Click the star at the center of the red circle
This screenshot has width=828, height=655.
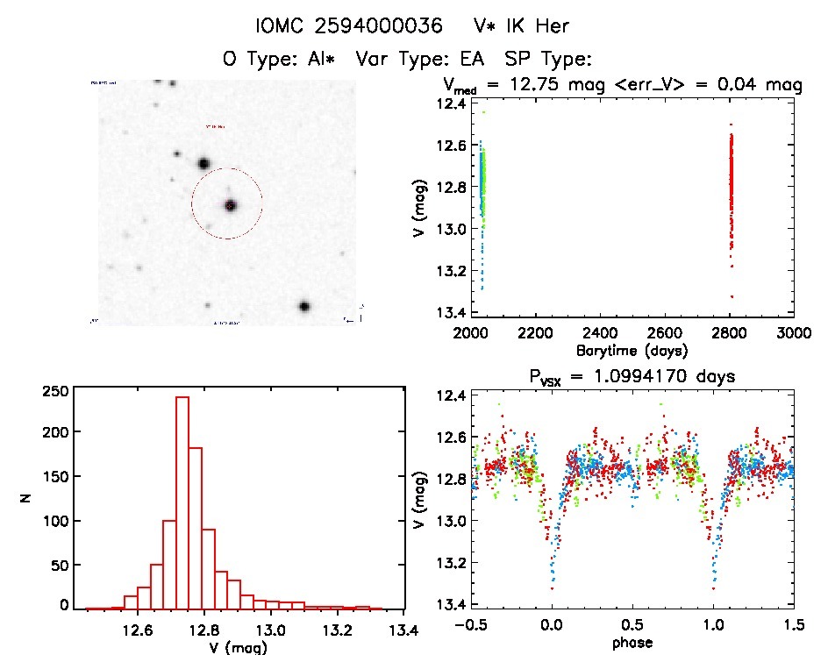[230, 205]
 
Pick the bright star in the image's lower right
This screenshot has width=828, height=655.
[304, 307]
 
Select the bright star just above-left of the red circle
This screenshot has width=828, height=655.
[203, 163]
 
